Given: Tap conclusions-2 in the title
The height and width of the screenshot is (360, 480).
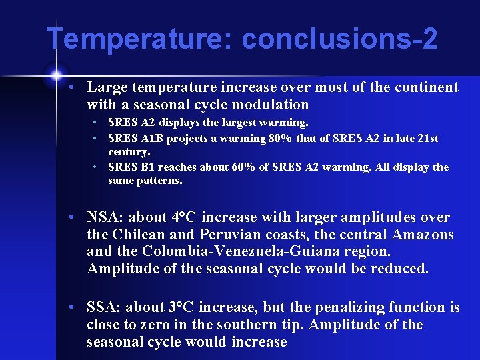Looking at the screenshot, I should click(339, 39).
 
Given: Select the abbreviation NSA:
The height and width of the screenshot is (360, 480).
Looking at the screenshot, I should click(105, 217).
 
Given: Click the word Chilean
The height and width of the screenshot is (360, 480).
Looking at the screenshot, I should click(139, 235).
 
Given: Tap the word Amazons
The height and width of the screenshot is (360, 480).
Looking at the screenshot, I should click(422, 235).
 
